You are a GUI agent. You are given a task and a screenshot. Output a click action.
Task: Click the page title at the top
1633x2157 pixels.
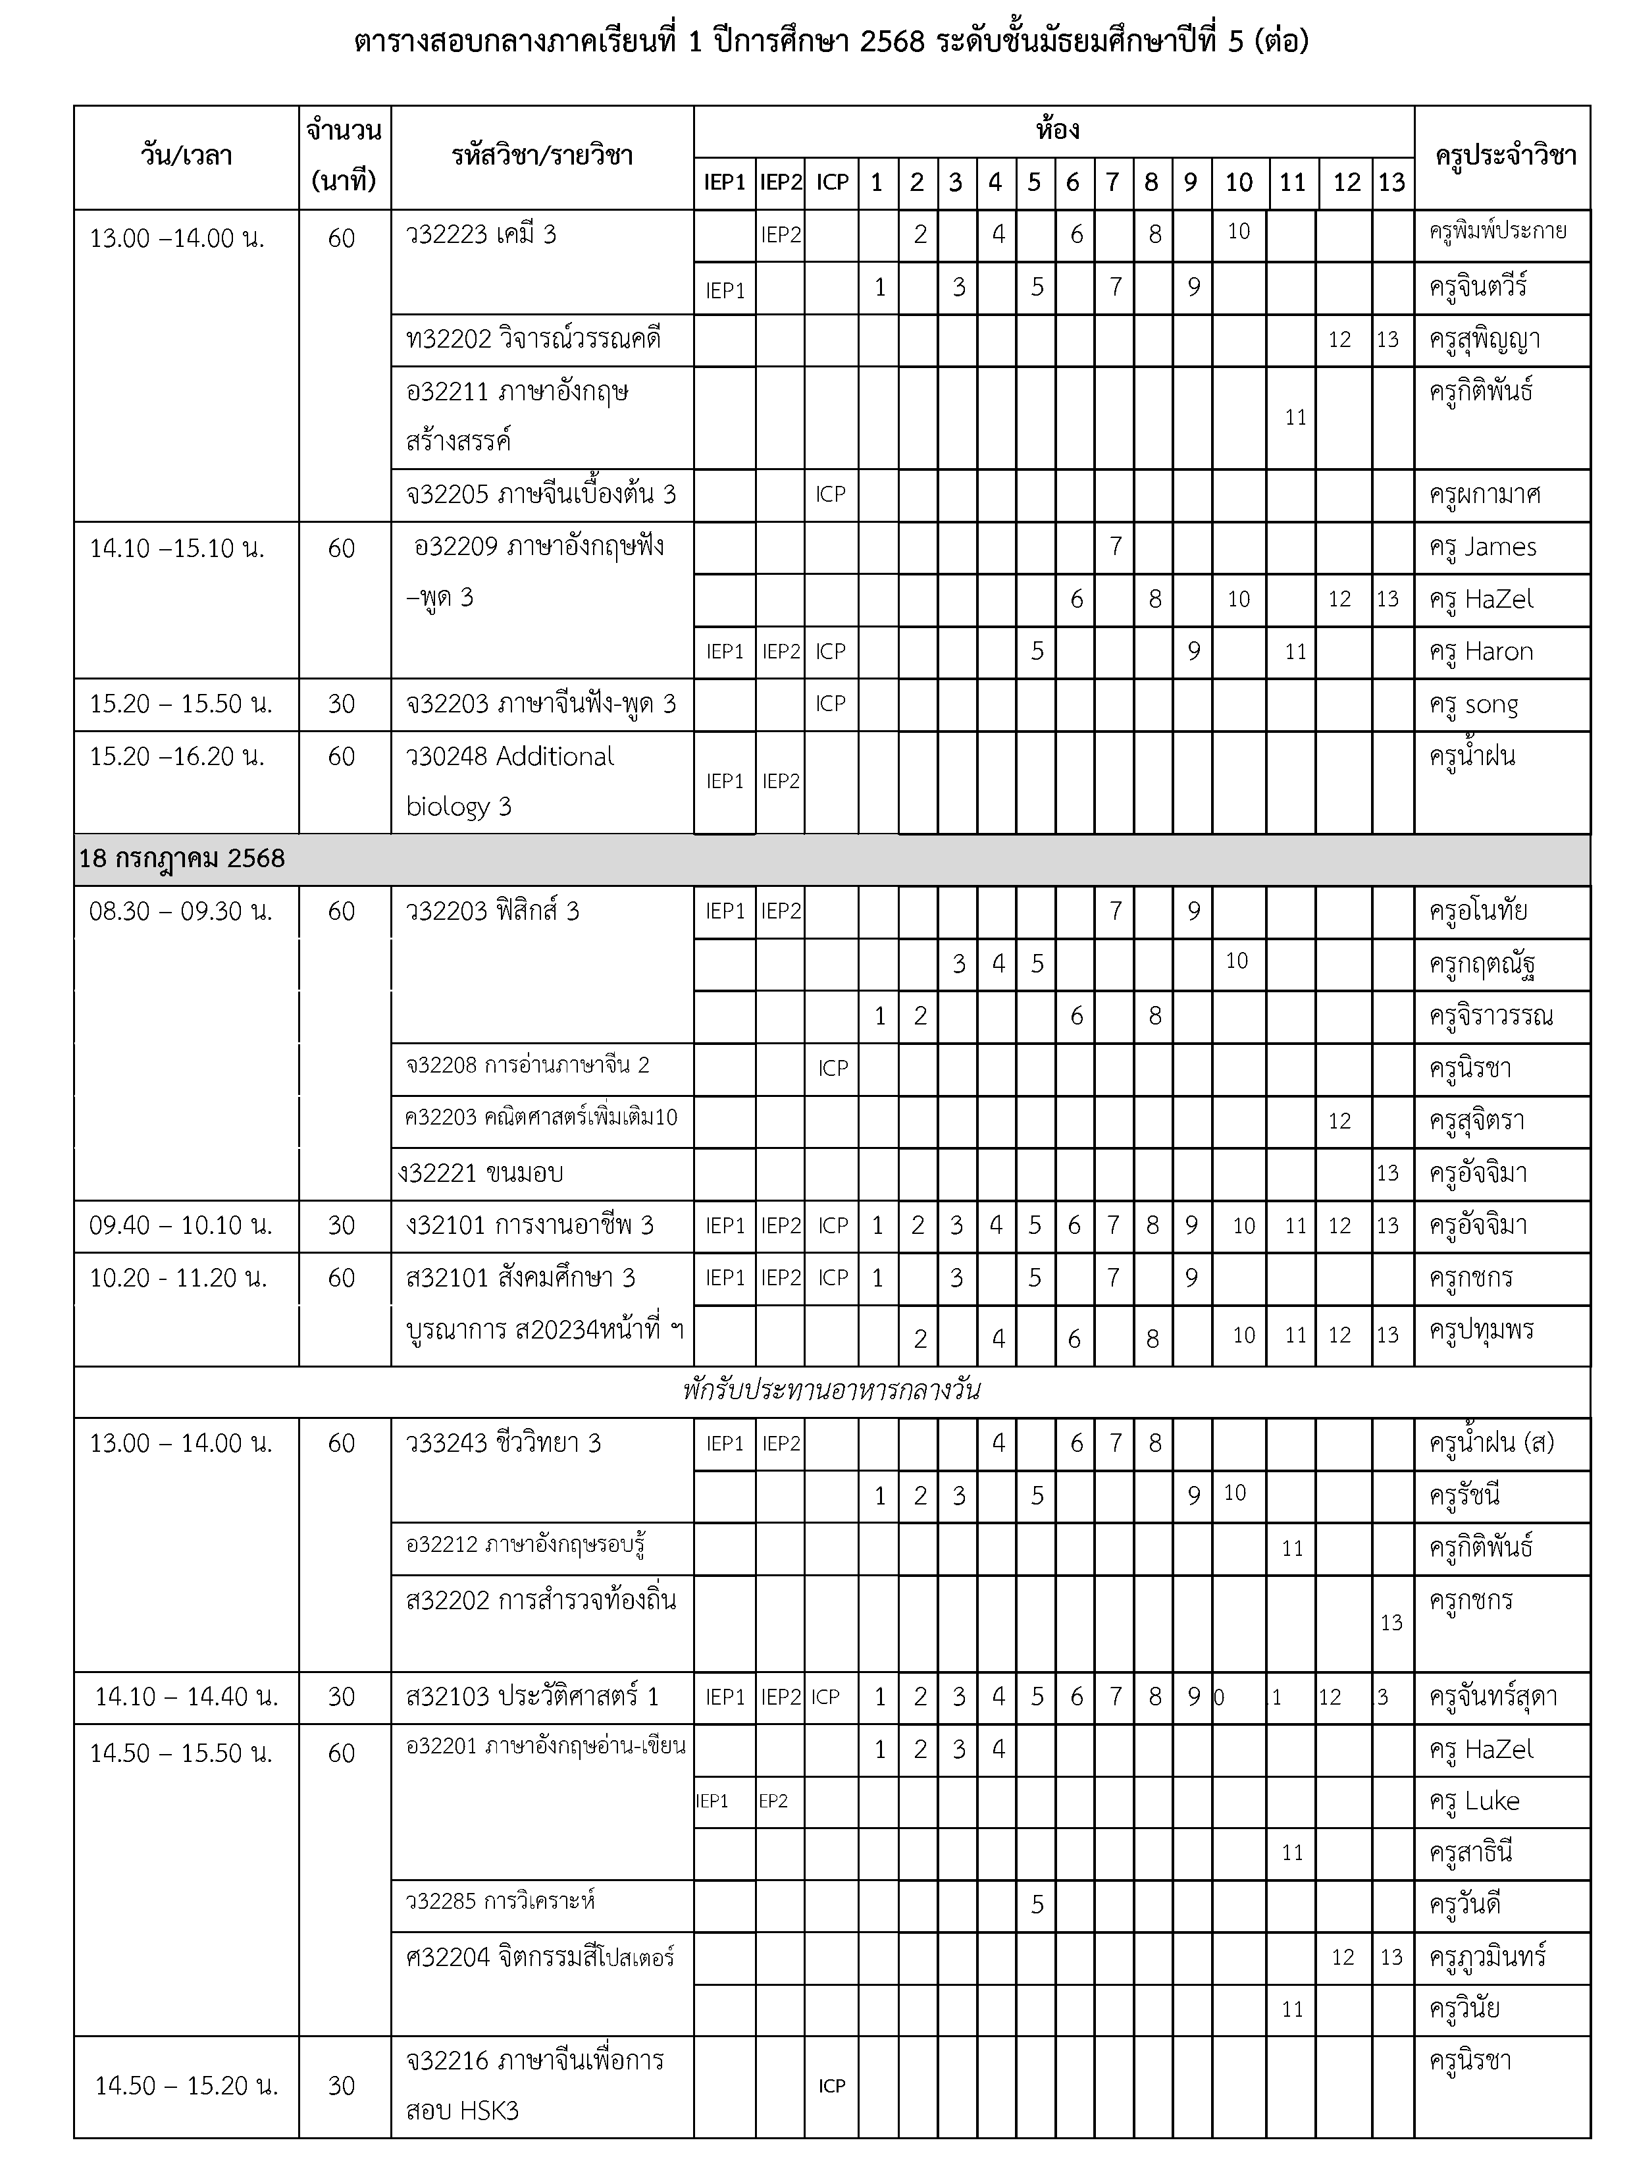(x=831, y=43)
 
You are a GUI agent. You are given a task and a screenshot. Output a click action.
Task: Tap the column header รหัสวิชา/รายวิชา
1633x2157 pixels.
(x=542, y=156)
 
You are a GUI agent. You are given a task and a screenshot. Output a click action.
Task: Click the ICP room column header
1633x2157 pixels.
(x=831, y=182)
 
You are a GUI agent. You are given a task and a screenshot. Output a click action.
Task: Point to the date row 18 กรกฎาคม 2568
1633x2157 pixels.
(x=182, y=859)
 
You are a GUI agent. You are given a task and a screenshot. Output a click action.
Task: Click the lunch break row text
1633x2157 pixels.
(x=831, y=1391)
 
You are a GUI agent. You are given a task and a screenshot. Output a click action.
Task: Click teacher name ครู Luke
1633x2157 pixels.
(x=1474, y=1801)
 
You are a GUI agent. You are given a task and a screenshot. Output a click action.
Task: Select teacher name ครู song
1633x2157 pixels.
(x=1473, y=704)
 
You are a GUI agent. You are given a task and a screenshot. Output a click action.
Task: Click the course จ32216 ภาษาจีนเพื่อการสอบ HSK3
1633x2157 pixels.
(x=534, y=2086)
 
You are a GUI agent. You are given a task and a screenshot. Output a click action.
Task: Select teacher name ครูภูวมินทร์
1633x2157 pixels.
(x=1487, y=1957)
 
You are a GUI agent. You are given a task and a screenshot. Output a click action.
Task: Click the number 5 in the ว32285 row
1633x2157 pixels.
(x=1037, y=1904)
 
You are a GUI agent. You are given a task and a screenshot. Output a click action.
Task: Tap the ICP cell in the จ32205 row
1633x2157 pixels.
(x=831, y=494)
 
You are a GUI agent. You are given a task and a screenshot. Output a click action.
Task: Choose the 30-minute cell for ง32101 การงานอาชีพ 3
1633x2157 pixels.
(x=341, y=1226)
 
